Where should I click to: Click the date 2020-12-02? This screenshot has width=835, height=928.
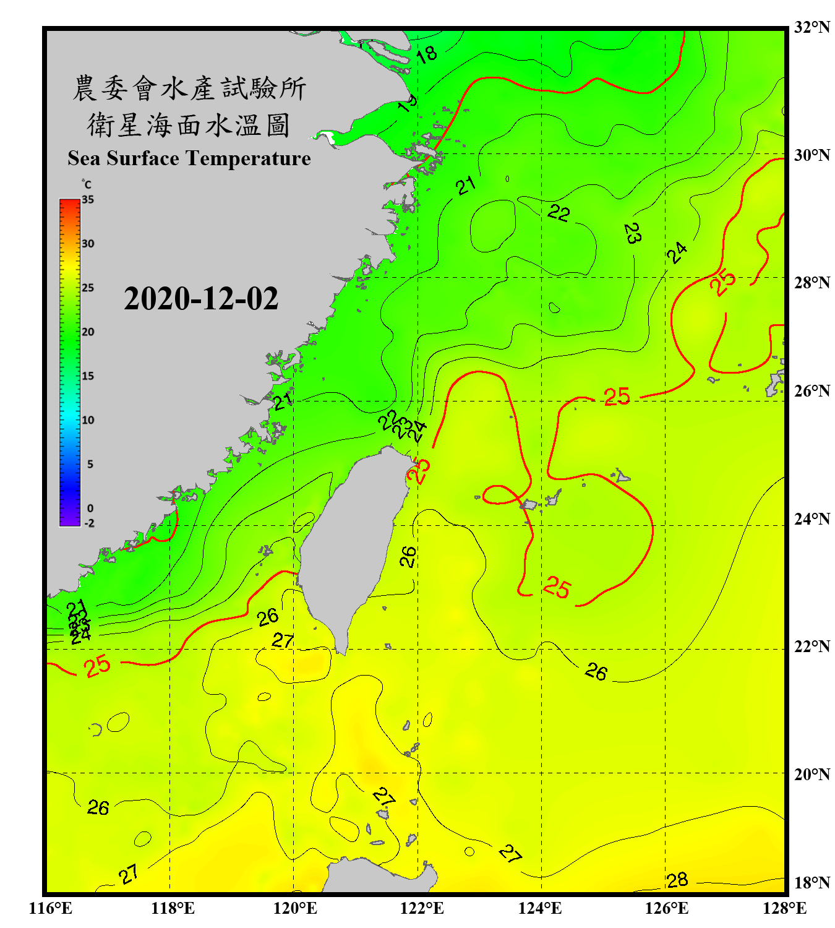pos(201,298)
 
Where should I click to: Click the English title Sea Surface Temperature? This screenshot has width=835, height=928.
pos(189,158)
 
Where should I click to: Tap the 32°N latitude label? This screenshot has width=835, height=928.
pos(811,27)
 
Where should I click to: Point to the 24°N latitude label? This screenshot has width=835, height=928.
pos(811,518)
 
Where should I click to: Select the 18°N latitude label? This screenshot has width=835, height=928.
pos(811,882)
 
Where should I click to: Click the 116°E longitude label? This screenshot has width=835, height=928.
pos(51,908)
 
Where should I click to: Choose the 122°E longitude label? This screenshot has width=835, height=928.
pos(422,908)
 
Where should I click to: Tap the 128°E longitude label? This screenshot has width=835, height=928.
pos(784,908)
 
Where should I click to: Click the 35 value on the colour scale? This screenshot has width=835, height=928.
pos(88,200)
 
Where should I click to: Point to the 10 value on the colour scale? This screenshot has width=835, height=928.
pos(88,420)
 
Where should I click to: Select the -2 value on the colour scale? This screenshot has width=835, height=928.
pos(89,523)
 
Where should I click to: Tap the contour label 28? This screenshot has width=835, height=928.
pos(677,880)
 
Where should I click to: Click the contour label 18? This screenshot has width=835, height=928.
pos(427,54)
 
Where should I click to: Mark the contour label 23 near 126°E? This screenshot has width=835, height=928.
pos(632,233)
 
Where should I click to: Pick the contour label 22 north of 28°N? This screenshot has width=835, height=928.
pos(559,213)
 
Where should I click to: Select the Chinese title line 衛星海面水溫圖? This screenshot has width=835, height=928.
pos(189,126)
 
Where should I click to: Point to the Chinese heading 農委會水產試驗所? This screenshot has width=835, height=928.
pos(189,88)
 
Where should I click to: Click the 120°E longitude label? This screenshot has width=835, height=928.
pos(295,908)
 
